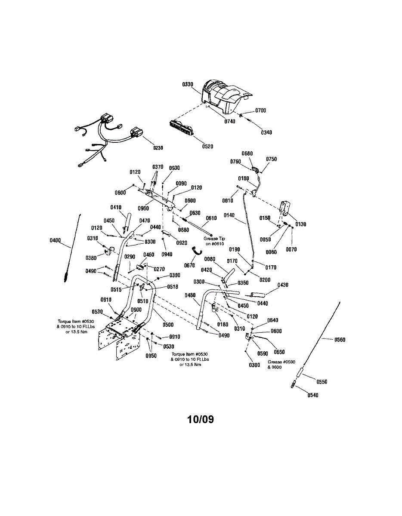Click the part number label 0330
pyautogui.click(x=188, y=85)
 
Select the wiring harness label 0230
pyautogui.click(x=158, y=148)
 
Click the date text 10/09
pyautogui.click(x=201, y=419)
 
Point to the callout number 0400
pyautogui.click(x=56, y=240)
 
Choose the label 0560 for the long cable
pyautogui.click(x=340, y=340)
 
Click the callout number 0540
pyautogui.click(x=313, y=396)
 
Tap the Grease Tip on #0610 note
pyautogui.click(x=214, y=241)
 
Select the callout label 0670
pyautogui.click(x=190, y=265)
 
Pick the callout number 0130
pyautogui.click(x=301, y=224)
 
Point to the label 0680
pyautogui.click(x=247, y=154)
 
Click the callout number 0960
pyautogui.click(x=143, y=209)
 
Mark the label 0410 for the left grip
pyautogui.click(x=116, y=207)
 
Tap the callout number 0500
pyautogui.click(x=168, y=325)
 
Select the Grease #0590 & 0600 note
pyautogui.click(x=275, y=365)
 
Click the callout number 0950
pyautogui.click(x=151, y=356)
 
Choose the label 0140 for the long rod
pyautogui.click(x=229, y=215)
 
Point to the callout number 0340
pyautogui.click(x=266, y=132)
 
